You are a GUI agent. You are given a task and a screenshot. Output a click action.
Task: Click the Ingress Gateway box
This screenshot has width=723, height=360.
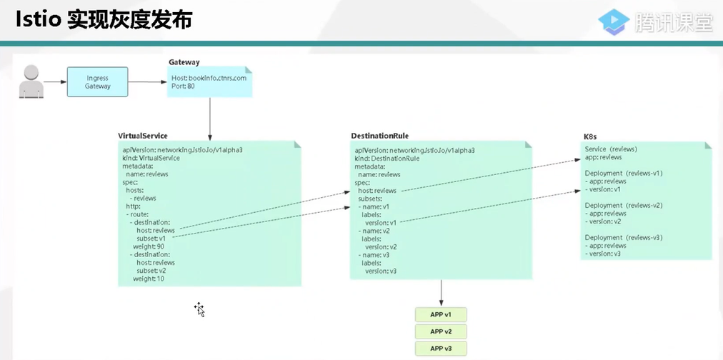coord(98,82)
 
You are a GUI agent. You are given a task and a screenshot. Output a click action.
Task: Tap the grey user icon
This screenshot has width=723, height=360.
coord(31,81)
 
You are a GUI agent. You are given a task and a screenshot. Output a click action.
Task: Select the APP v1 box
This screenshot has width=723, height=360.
coord(440,314)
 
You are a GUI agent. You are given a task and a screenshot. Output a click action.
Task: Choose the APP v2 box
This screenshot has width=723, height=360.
coord(440,331)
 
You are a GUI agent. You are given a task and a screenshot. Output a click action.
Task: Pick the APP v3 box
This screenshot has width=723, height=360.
coord(440,349)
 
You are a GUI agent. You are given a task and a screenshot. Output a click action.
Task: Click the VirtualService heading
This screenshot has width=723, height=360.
coord(143,136)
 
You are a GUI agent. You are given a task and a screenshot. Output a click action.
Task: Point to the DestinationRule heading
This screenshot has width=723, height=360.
coord(380,136)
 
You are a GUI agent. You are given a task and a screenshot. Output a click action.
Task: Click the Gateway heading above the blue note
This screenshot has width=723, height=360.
coord(184,62)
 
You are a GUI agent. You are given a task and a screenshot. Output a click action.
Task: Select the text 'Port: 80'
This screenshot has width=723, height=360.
coord(183,86)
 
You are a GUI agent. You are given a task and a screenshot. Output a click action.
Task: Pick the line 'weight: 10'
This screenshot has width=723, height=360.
coord(149,279)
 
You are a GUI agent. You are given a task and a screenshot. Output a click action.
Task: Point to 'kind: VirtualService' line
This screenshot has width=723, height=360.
coord(151,158)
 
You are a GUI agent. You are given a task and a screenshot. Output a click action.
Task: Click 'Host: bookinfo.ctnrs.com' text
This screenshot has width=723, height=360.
coord(209,78)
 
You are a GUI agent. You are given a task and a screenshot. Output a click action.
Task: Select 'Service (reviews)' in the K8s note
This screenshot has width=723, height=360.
coord(611,149)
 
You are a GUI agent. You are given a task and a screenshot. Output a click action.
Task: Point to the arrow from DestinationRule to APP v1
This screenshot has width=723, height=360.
coord(441,293)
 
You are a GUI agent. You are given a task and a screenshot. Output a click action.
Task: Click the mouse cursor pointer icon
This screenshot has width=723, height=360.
coord(199,309)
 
